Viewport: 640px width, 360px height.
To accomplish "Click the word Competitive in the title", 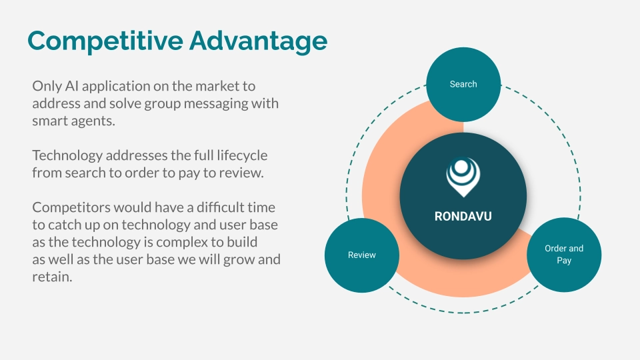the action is pyautogui.click(x=105, y=41).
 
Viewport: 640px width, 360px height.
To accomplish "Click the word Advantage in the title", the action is pyautogui.click(x=259, y=41).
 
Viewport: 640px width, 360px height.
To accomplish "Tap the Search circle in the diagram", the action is pyautogui.click(x=463, y=85).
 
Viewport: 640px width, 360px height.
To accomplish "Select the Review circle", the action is pyautogui.click(x=362, y=255).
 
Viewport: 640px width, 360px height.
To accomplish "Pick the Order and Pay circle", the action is pyautogui.click(x=564, y=255).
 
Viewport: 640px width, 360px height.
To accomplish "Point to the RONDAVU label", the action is pyautogui.click(x=463, y=216).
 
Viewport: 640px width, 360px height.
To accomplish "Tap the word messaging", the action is pyautogui.click(x=215, y=104).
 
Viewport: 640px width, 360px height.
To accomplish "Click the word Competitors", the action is pyautogui.click(x=71, y=208).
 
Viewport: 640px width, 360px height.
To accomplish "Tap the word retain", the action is pyautogui.click(x=52, y=277).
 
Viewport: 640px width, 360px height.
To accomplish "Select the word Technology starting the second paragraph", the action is pyautogui.click(x=67, y=155).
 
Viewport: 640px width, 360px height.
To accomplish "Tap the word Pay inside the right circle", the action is pyautogui.click(x=564, y=261).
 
